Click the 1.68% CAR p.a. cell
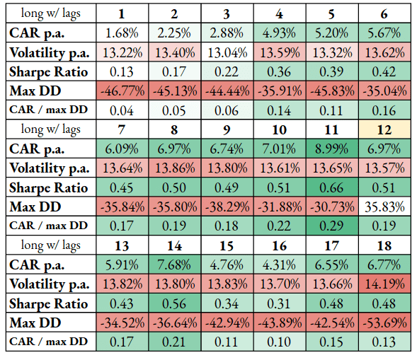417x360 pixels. point(122,33)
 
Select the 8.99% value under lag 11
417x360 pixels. point(332,149)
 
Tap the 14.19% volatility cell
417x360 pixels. point(384,284)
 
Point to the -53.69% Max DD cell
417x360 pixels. point(384,323)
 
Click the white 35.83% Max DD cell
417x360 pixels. point(384,207)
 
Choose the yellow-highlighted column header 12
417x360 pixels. point(384,129)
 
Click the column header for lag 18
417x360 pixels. point(384,245)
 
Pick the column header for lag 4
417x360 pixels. point(280,13)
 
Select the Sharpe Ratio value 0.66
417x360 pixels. point(332,187)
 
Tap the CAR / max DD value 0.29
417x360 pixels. point(332,226)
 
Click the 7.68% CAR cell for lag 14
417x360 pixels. point(174,265)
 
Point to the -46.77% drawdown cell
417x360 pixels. point(122,91)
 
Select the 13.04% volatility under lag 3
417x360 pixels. point(227,52)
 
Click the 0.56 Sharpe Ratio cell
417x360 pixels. point(174,303)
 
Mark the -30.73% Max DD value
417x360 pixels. point(332,207)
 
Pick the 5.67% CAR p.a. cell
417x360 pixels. point(384,33)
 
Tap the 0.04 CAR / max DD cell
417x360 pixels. point(122,110)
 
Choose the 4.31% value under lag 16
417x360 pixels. point(280,265)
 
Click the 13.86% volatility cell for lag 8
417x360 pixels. point(174,168)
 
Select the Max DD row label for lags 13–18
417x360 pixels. point(35,323)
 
